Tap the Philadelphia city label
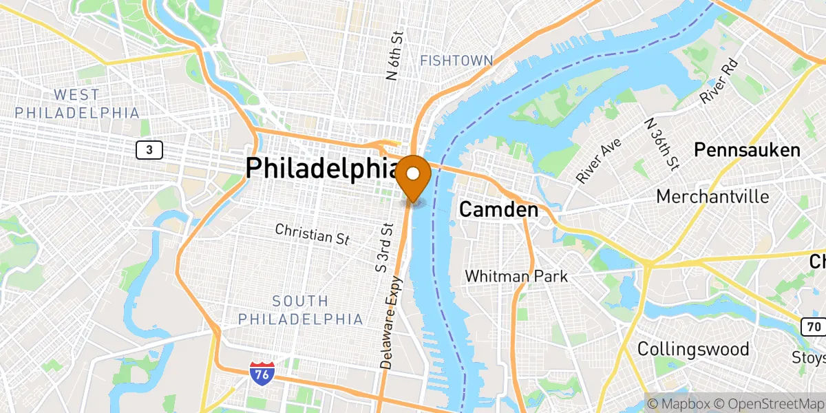point(322,169)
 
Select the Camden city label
point(498,210)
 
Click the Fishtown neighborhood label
point(456,61)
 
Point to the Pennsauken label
point(747,149)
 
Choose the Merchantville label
point(712,196)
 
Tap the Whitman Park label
point(516,276)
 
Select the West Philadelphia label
point(77,103)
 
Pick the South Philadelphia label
point(300,310)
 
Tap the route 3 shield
point(149,149)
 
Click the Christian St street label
point(313,233)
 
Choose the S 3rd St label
point(383,247)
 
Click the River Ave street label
point(599,160)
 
